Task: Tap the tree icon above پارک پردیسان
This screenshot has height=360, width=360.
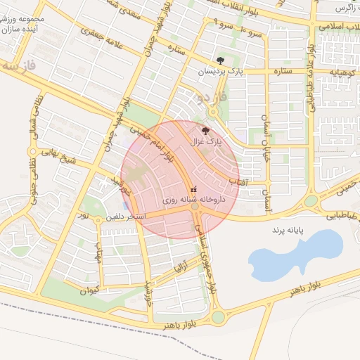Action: click(x=221, y=60)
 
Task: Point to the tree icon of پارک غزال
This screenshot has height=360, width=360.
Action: click(x=205, y=130)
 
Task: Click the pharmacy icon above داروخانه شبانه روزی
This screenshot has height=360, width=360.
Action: click(x=194, y=188)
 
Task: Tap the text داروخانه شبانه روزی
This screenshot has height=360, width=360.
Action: click(x=193, y=200)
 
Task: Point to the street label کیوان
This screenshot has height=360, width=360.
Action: click(x=90, y=290)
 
